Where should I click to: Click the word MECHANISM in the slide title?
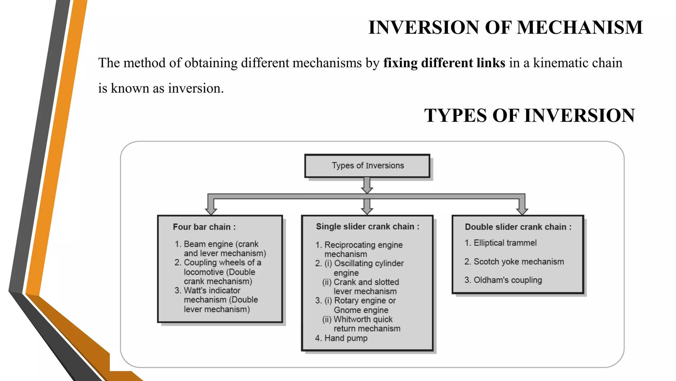pos(580,27)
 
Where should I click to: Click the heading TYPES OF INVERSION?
pos(529,115)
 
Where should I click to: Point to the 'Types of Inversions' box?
pos(367,166)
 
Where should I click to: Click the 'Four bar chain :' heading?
pos(204,227)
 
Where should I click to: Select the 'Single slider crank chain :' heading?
pos(367,227)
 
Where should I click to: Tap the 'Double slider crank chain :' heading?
pos(518,227)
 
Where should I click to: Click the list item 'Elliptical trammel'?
pos(505,243)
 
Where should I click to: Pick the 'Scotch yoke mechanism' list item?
pos(519,262)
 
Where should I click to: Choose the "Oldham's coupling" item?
pos(508,280)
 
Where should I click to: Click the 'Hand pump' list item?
pos(346,338)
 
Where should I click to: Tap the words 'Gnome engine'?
pos(361,310)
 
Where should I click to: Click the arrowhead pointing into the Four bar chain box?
pos(211,211)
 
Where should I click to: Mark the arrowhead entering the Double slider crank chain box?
pos(522,211)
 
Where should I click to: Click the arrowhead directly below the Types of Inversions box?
pos(367,190)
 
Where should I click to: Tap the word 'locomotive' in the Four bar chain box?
pos(204,272)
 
